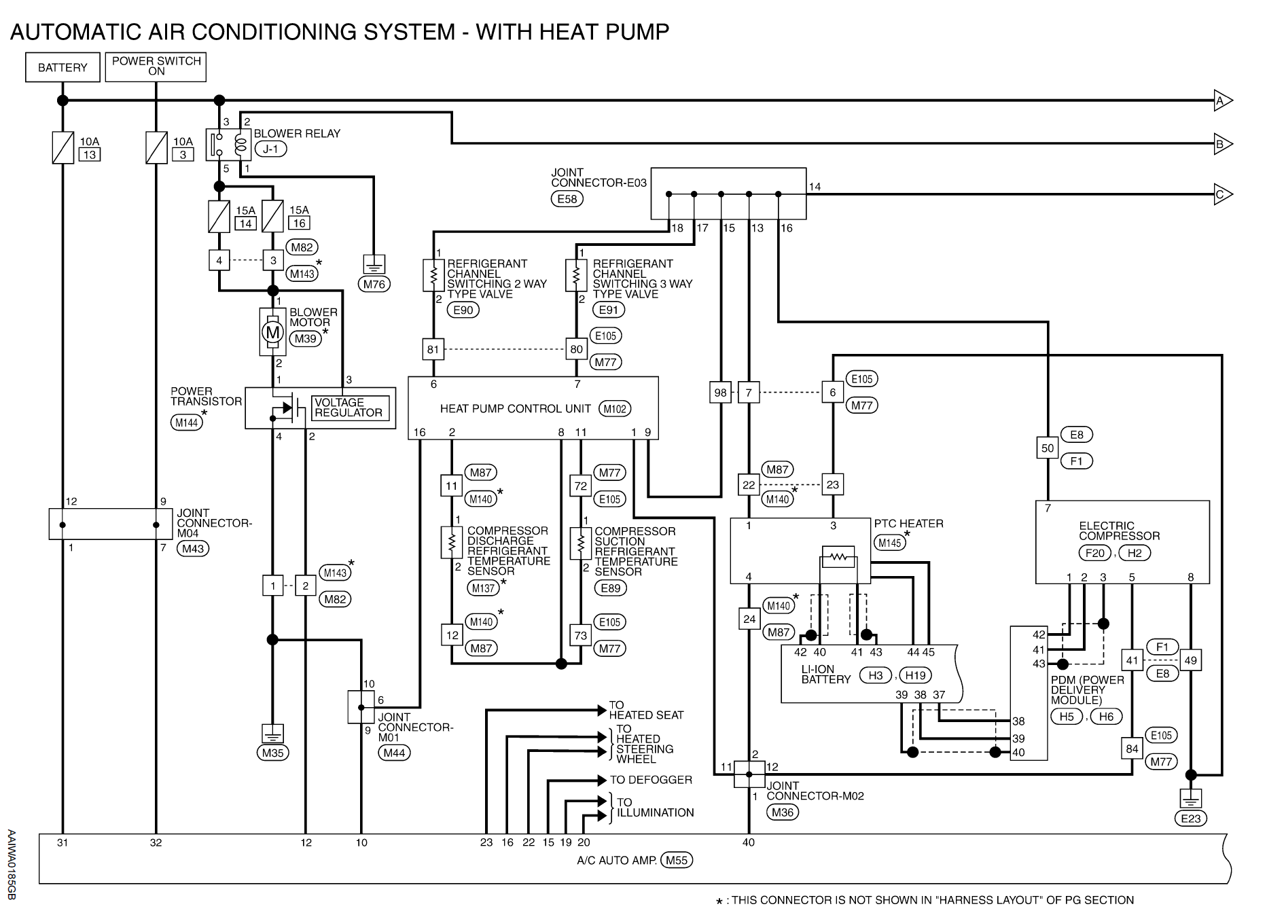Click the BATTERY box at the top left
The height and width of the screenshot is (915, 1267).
coord(63,67)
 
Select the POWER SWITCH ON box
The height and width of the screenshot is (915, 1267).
coord(156,67)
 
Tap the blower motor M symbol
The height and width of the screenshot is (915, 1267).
coord(272,332)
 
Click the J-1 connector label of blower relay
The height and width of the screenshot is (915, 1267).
coord(270,149)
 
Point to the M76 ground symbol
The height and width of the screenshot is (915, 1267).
coord(374,264)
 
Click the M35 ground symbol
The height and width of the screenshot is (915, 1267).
coord(272,734)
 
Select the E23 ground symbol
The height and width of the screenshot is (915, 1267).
coord(1190,798)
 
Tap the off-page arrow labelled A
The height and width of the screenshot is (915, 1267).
coord(1224,101)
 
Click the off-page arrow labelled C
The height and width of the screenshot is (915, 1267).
coord(1224,194)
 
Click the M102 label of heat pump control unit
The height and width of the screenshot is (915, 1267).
coord(615,409)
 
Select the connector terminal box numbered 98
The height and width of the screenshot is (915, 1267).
coord(720,393)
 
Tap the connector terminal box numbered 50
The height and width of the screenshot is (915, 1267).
coord(1048,448)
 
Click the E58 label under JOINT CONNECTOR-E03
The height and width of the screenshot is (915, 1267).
coord(567,199)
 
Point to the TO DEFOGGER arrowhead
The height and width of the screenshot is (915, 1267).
coord(602,780)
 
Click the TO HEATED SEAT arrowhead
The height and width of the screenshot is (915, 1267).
coord(602,711)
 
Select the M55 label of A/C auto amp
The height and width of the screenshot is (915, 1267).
coord(677,860)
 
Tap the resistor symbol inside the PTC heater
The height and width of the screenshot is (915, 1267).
coord(838,558)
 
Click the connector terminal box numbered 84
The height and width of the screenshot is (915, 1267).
coord(1132,749)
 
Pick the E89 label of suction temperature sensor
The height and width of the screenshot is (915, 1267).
coord(611,588)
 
